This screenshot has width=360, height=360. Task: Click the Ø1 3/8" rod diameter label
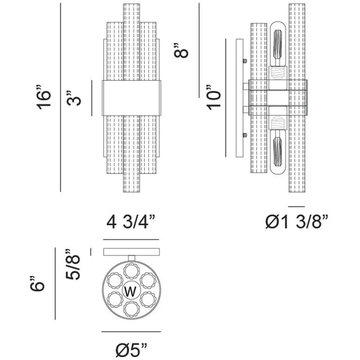point(297,222)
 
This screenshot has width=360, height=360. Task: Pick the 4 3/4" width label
point(131,222)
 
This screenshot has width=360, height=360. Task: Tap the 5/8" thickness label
point(74,264)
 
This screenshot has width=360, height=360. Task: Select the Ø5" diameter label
point(131,350)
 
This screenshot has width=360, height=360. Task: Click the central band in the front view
point(131,98)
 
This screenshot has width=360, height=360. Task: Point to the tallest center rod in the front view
point(131,42)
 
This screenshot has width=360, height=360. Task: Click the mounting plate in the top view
point(131,252)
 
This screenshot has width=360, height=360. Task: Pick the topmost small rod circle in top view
point(131,271)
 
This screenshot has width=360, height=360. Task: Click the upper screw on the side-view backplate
point(245,61)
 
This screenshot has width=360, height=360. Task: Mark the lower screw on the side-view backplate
point(245,135)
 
